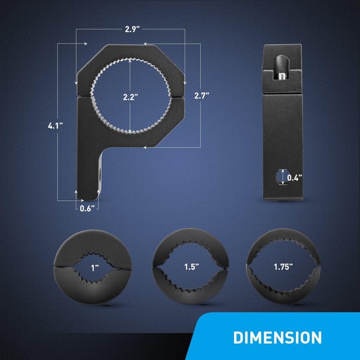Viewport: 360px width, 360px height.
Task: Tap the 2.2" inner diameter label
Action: point(130,96)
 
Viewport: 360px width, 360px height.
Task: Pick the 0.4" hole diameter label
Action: point(295,178)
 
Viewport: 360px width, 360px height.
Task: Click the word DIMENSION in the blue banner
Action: point(277,337)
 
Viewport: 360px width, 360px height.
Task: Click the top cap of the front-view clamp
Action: point(130,56)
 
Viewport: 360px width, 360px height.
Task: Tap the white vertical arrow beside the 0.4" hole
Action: point(282,178)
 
